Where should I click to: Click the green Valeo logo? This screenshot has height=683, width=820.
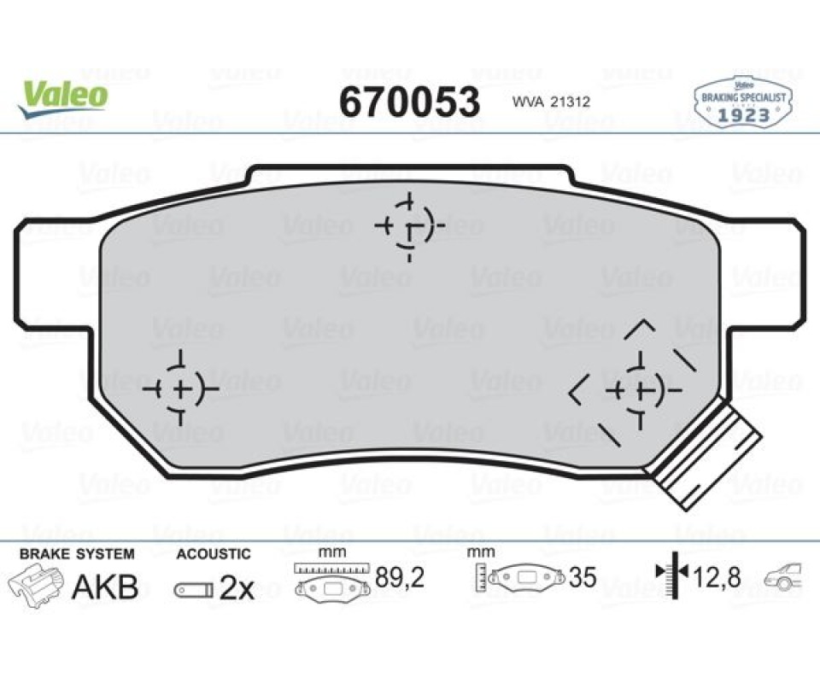[x=62, y=98]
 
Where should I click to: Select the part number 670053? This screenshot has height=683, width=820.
[x=409, y=102]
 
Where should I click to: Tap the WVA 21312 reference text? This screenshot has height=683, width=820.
[x=551, y=102]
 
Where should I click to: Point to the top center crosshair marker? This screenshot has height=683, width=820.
[x=409, y=226]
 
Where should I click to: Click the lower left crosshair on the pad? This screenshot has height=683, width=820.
[x=180, y=388]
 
